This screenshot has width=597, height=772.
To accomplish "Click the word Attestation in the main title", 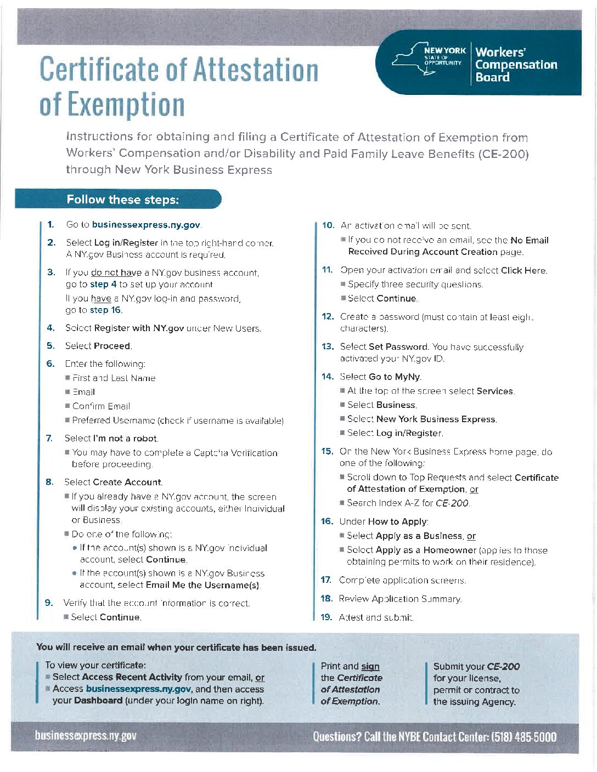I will click(256, 70).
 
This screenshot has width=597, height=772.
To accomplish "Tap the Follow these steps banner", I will click(122, 200).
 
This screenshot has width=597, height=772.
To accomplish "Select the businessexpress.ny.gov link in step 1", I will click(146, 225).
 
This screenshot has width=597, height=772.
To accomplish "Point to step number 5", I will click(50, 346).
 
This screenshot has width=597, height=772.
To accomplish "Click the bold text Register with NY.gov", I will click(139, 328).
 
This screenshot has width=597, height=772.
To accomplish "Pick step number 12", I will click(328, 317).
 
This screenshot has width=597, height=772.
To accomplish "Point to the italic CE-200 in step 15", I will click(452, 503).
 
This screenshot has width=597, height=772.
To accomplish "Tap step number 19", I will click(326, 617).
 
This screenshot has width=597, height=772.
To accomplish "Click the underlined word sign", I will click(370, 667).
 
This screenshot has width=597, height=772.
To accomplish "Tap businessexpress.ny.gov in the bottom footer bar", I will click(86, 736).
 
